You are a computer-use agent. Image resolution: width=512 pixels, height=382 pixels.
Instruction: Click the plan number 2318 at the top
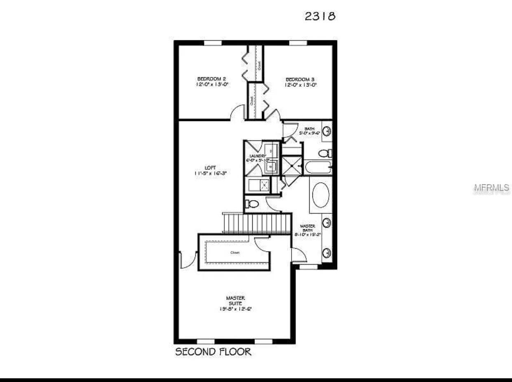coord(320,16)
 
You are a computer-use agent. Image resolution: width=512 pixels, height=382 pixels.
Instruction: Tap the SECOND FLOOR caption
coord(213,352)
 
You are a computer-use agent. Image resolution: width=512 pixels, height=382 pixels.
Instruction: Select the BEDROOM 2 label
coord(211,79)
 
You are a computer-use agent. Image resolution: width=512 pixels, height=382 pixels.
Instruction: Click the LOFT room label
coord(210,168)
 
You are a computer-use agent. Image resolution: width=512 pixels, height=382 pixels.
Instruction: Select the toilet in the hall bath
coord(325,154)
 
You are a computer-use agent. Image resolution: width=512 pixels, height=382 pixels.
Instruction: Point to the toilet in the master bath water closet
coord(252,204)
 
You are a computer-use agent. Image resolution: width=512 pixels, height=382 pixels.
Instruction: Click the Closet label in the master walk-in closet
coord(235,252)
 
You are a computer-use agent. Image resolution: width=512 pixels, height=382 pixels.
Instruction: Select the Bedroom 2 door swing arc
coord(238,112)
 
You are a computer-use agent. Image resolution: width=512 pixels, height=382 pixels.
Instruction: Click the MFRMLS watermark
coord(491,189)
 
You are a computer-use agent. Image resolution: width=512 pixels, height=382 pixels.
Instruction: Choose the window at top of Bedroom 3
coord(295,43)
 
